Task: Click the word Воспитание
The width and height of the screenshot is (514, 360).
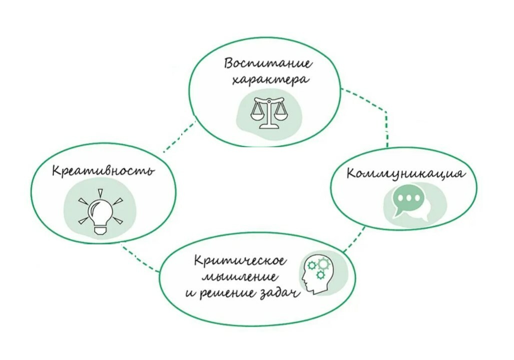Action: point(268,64)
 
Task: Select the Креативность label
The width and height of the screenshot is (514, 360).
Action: point(103,171)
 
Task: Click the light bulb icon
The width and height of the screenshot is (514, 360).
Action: point(101,211)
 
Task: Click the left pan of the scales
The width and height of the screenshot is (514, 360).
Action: point(259,112)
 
